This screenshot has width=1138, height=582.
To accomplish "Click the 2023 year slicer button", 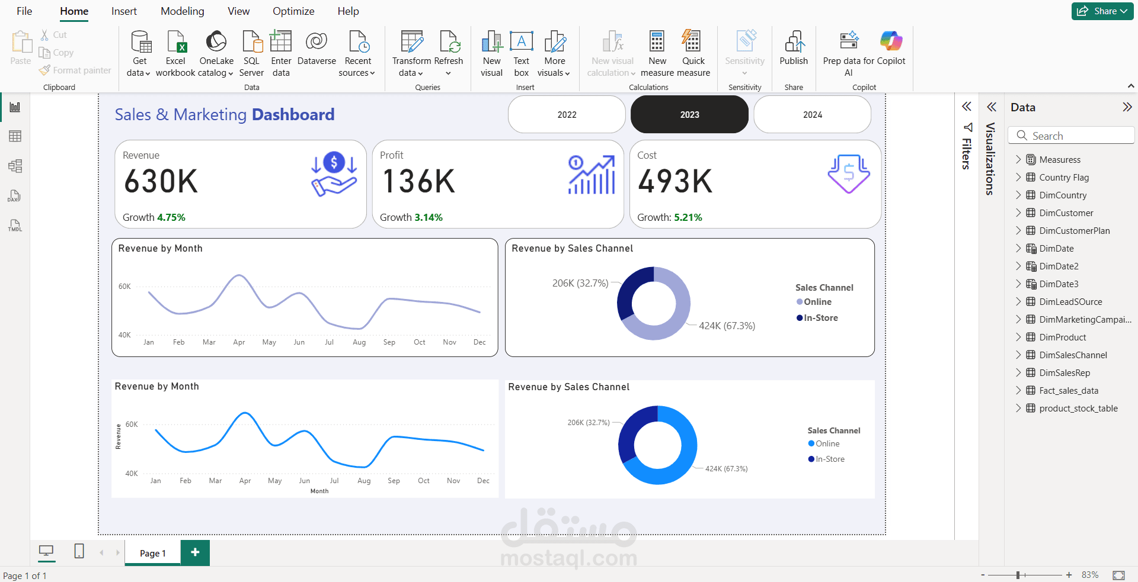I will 689,115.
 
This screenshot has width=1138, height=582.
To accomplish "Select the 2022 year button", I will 567,115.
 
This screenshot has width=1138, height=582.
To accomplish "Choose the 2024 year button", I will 812,115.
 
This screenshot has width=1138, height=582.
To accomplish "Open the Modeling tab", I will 182,11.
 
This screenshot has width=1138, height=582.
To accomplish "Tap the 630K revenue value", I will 161,181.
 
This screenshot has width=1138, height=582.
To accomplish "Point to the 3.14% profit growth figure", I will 428,217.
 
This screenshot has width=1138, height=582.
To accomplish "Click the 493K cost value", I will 675,181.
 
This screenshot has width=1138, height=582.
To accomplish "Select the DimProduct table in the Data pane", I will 1062,337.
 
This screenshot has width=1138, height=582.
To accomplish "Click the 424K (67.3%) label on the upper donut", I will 727,326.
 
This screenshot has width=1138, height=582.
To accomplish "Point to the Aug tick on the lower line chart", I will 364,481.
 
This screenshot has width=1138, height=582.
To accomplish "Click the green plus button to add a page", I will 195,552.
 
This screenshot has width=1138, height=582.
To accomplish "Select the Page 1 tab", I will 153,553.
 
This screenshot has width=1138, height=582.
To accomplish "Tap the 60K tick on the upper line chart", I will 124,287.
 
